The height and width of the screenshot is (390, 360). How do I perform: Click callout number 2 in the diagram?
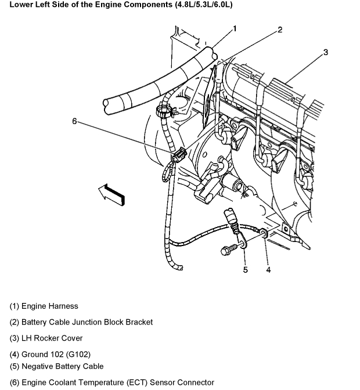click(x=279, y=30)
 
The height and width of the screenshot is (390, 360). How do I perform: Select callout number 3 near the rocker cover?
click(x=326, y=52)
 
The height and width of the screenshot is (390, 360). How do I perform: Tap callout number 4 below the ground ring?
click(x=268, y=269)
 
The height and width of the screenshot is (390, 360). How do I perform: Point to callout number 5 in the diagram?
click(x=245, y=269)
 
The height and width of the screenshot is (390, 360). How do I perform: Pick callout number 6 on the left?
click(x=74, y=121)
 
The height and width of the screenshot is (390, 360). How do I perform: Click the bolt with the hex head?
click(x=227, y=250)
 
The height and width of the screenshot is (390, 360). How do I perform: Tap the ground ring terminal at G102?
click(x=264, y=234)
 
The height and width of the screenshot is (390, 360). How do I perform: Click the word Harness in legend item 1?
click(x=63, y=306)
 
